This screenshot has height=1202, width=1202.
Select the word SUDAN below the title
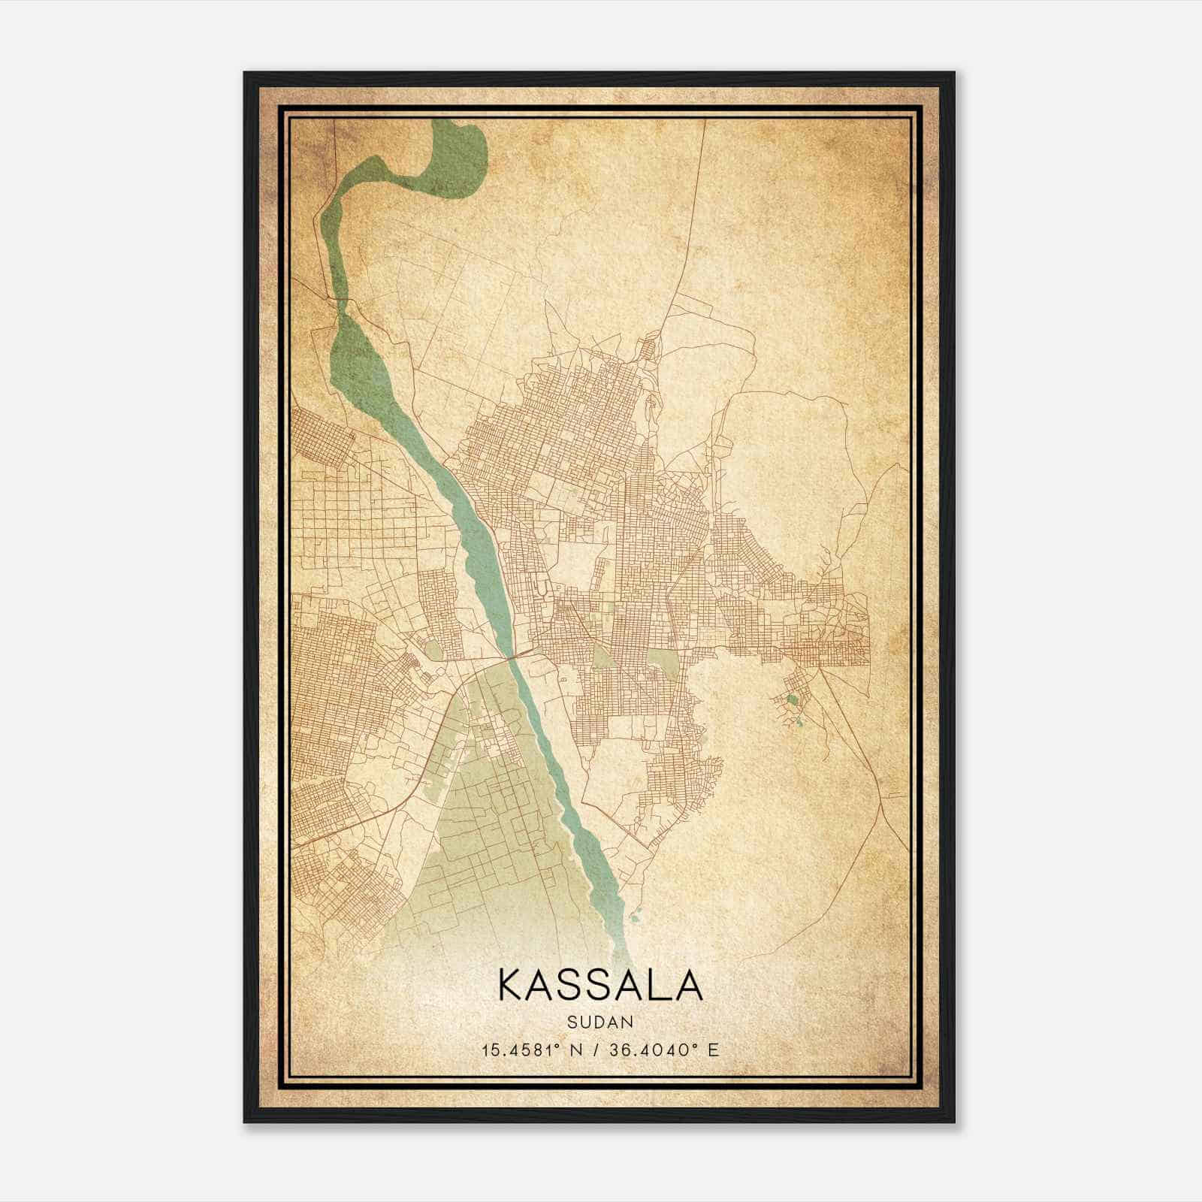[600, 1022]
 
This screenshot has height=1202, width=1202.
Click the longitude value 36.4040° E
[663, 1049]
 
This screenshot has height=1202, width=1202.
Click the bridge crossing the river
[513, 657]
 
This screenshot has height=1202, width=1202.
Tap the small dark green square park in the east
[793, 699]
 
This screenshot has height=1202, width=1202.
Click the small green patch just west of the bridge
[433, 649]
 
